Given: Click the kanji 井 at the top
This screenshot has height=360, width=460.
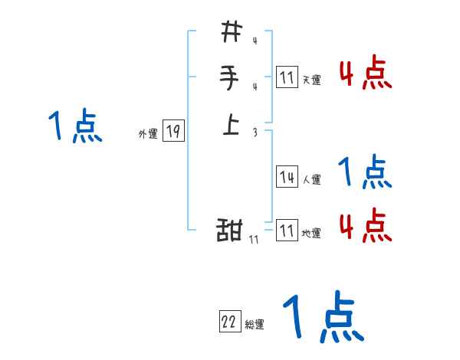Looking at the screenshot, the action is [x=231, y=32].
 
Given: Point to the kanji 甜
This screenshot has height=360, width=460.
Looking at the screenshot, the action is [x=230, y=231].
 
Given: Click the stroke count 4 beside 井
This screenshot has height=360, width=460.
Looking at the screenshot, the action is [x=254, y=42].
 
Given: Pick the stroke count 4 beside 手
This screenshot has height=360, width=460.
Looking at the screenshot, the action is [x=254, y=87].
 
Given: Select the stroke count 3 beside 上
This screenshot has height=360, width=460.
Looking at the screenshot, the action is [x=254, y=132].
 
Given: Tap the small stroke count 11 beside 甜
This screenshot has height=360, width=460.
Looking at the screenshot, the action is [x=254, y=240].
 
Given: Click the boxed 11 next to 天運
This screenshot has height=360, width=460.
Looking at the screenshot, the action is [x=287, y=77].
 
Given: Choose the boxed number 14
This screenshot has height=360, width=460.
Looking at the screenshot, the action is [x=287, y=177].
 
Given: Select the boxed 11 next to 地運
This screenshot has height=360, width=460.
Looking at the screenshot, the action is [x=287, y=231].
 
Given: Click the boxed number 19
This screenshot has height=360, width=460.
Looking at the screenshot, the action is [x=173, y=132].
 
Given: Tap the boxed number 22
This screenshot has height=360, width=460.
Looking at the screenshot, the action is [x=229, y=322].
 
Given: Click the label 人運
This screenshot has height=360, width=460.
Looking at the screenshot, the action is [x=311, y=180].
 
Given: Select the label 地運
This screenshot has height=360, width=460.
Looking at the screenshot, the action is [x=311, y=234].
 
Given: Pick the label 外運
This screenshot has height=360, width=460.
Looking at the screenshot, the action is [x=148, y=134].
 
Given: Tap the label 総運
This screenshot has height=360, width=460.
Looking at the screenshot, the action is [x=255, y=325].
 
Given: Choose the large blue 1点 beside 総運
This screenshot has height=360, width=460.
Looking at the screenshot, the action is [x=323, y=317].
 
